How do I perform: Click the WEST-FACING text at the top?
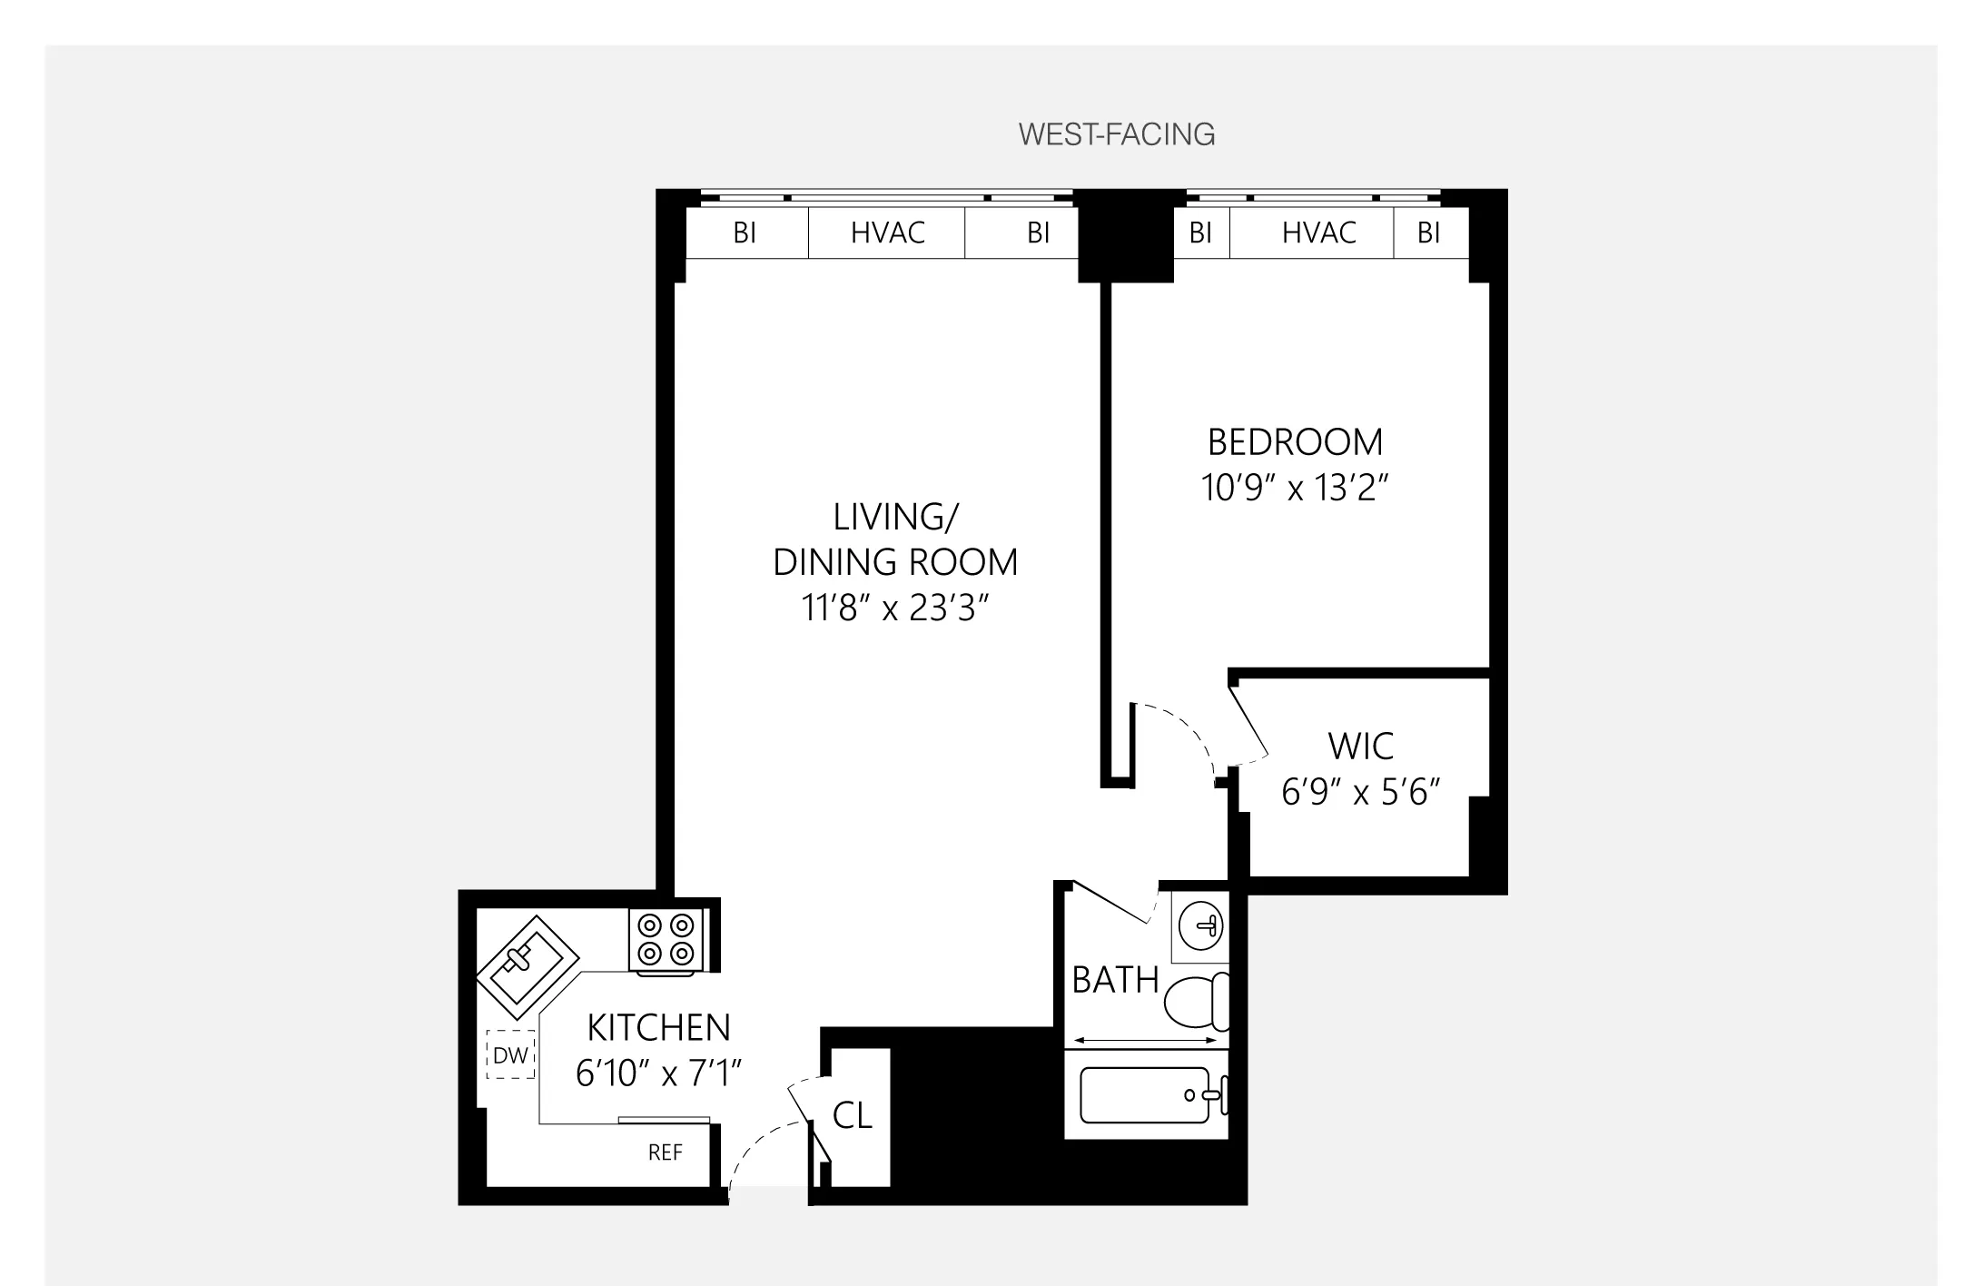click(1116, 134)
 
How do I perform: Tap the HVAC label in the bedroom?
click(1318, 233)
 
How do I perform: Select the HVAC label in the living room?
click(887, 233)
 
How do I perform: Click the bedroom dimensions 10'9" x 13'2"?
click(1295, 489)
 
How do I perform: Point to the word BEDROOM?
click(1295, 442)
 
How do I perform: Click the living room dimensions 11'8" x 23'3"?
click(894, 608)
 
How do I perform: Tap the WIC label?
click(1360, 747)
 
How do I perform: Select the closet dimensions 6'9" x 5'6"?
click(1360, 793)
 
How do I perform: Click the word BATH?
click(1115, 981)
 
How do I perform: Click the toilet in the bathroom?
click(1197, 1002)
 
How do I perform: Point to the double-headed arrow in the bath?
click(1146, 1041)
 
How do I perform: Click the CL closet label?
click(852, 1116)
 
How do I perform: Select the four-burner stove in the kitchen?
click(666, 940)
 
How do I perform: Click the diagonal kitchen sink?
click(527, 967)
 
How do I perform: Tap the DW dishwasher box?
click(510, 1055)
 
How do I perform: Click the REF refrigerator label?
click(665, 1153)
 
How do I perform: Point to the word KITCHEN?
click(658, 1028)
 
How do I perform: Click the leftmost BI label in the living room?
click(745, 233)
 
